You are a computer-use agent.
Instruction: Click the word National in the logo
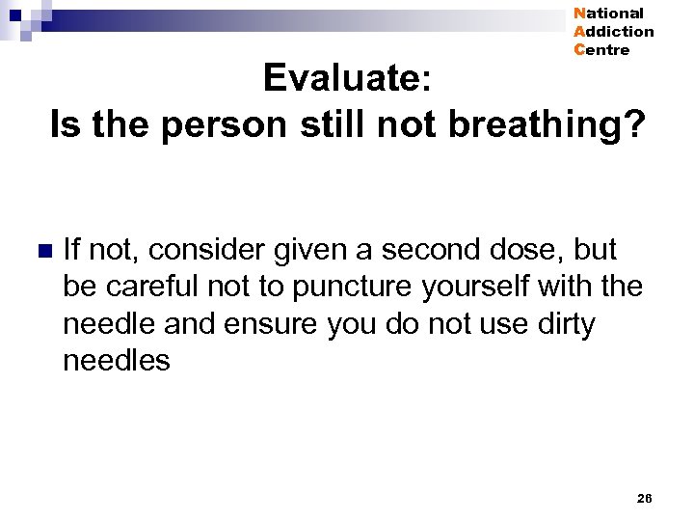coord(608,14)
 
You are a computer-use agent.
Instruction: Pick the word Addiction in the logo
coord(614,32)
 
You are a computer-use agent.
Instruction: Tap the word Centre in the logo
coord(601,50)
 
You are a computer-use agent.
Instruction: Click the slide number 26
coord(645,498)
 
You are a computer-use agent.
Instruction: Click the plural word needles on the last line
coord(116,362)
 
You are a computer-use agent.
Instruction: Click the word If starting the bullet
coord(70,250)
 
